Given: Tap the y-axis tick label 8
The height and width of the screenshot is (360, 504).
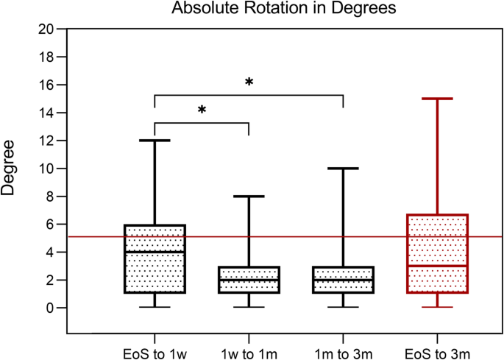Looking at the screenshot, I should point(50,197).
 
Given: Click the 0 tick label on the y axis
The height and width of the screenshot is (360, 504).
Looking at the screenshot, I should point(50,308).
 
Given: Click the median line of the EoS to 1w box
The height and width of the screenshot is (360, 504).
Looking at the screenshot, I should point(155,252).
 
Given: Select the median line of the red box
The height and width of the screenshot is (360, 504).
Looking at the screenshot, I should point(437,266).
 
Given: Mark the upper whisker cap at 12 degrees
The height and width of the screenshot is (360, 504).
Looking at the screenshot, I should point(155,140).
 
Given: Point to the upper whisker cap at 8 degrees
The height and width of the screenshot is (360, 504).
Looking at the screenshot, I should point(249,196).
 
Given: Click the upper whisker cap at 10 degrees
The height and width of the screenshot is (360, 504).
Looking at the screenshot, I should point(343,168).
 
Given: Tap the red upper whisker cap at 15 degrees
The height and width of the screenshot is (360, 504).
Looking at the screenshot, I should point(437,98).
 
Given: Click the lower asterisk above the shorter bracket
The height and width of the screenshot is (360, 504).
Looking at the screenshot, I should point(202,110).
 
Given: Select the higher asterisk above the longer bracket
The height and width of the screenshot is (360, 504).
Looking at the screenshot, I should point(249,82).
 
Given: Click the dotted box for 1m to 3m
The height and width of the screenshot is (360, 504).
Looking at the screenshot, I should point(343,280).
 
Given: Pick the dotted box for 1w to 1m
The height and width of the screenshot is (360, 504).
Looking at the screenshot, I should point(249,280).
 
